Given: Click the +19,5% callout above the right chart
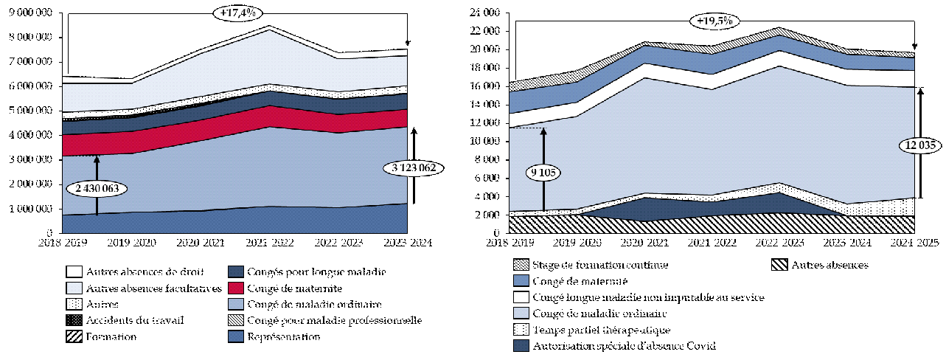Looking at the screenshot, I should pyautogui.click(x=714, y=21).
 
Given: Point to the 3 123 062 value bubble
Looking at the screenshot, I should pyautogui.click(x=414, y=168).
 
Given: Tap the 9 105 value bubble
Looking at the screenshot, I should pyautogui.click(x=543, y=173).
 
